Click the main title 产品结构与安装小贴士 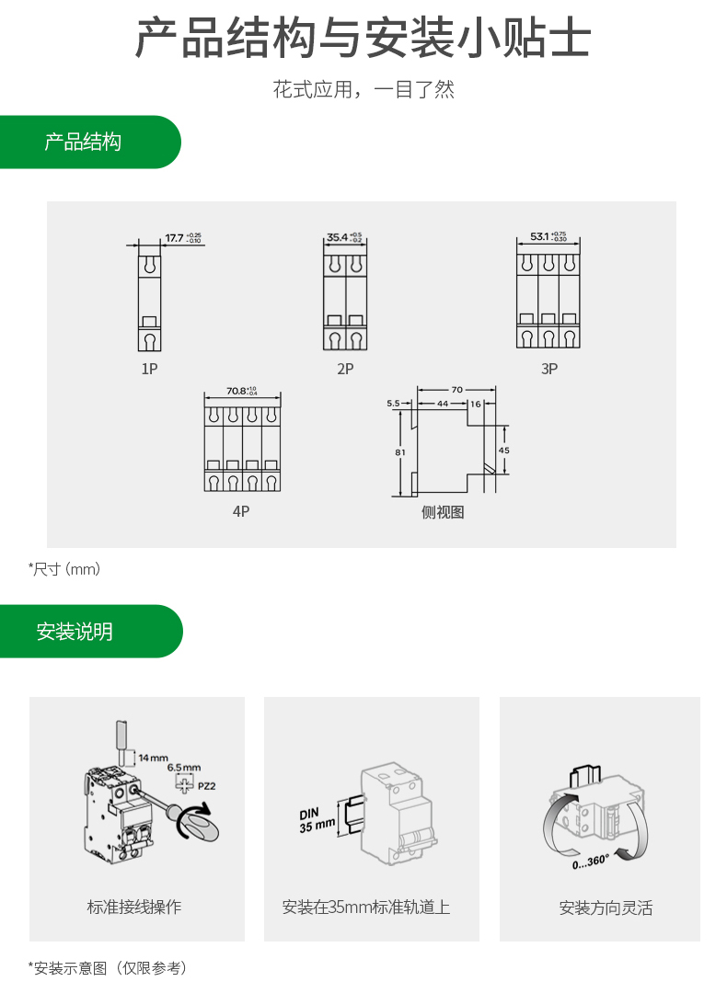click(363, 39)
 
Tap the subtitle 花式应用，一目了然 click(363, 90)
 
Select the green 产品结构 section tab click(83, 142)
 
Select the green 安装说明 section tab click(75, 632)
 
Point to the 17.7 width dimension click(175, 239)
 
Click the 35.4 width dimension click(338, 237)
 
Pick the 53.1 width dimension click(540, 236)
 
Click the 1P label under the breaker click(149, 369)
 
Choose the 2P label click(345, 369)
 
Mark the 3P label click(549, 369)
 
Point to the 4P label click(240, 511)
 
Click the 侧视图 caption click(443, 512)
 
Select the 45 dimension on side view click(503, 451)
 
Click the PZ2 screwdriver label click(207, 786)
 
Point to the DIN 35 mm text click(317, 820)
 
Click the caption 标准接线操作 click(134, 907)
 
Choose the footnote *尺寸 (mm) click(64, 569)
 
